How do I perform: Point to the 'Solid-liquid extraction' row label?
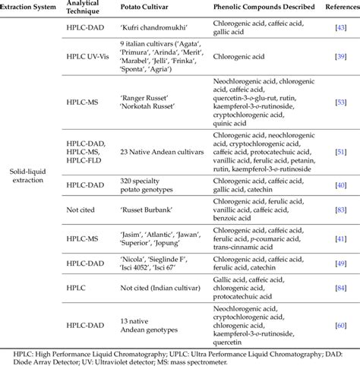pos(31,184)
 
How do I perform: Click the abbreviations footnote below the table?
pos(180,356)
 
